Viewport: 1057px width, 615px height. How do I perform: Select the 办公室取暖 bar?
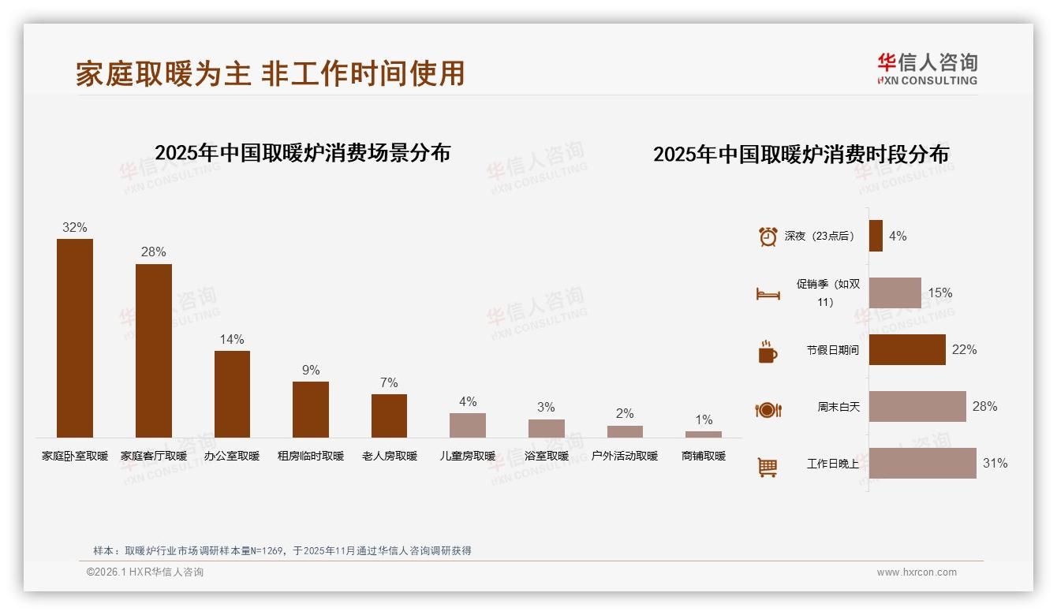tap(232, 393)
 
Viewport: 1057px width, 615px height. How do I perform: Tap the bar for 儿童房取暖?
tap(468, 425)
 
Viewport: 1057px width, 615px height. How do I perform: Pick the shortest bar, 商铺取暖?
tap(704, 434)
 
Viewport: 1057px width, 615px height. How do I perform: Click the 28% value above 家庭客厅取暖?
tap(153, 252)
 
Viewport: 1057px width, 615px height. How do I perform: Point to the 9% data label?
tap(311, 371)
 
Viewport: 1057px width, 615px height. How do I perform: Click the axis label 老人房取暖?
tap(390, 456)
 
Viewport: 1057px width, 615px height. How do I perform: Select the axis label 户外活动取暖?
tap(625, 456)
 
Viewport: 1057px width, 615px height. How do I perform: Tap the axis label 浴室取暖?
tap(546, 456)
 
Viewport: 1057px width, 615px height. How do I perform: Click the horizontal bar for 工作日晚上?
tap(922, 463)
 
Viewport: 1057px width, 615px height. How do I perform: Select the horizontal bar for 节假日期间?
tap(907, 349)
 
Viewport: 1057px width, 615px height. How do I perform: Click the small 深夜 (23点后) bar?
tap(876, 236)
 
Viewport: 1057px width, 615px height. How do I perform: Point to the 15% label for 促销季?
tap(939, 293)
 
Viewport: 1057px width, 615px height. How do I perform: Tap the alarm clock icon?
tap(768, 237)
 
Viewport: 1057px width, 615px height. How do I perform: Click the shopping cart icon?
tap(768, 467)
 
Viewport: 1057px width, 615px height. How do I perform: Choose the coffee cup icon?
tap(768, 352)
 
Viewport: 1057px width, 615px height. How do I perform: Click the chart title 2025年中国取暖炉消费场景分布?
tap(302, 153)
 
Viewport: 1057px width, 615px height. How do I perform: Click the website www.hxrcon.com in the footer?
tap(917, 572)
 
